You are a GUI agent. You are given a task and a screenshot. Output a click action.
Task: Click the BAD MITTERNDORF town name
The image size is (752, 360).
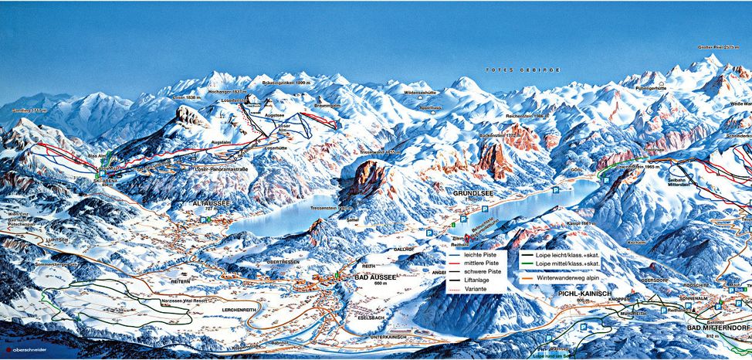721,327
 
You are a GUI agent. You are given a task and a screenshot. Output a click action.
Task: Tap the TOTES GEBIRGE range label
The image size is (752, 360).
512,70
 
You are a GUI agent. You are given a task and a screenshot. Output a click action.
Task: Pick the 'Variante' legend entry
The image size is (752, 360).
476,290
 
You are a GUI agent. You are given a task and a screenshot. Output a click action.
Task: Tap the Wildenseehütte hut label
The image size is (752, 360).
420,92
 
